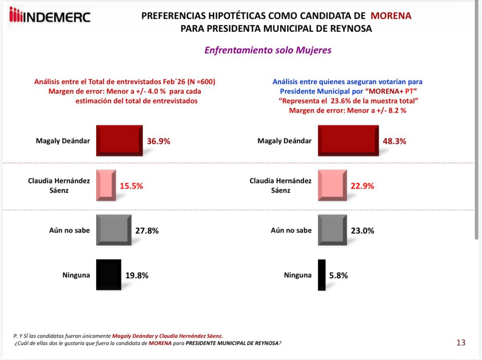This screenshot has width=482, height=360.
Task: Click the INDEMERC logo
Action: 50,16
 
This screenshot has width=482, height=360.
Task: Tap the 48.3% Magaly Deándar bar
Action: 348,140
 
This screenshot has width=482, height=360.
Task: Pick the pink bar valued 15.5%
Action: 106,185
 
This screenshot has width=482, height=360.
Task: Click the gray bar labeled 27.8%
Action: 114,230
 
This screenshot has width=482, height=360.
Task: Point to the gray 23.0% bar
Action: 333,230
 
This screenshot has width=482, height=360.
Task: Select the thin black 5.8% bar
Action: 322,275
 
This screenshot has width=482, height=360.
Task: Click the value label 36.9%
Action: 159,141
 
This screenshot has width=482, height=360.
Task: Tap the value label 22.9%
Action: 362,186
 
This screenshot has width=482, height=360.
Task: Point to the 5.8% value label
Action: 339,275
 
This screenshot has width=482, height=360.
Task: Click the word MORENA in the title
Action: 391,16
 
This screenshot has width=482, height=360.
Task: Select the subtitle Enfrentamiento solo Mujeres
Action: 268,50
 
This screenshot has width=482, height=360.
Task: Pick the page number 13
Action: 461,343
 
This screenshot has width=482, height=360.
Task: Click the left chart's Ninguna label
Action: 76,275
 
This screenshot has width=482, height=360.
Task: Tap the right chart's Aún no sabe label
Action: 291,230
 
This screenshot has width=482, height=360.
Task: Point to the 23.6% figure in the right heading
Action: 343,101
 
